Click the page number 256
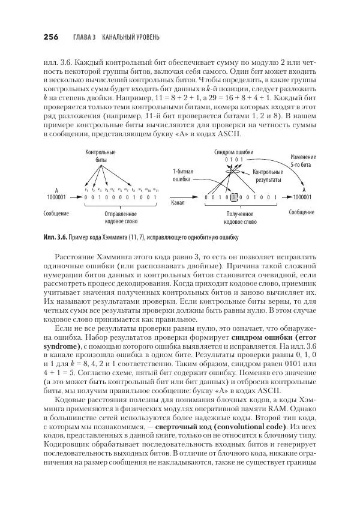click(50, 37)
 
